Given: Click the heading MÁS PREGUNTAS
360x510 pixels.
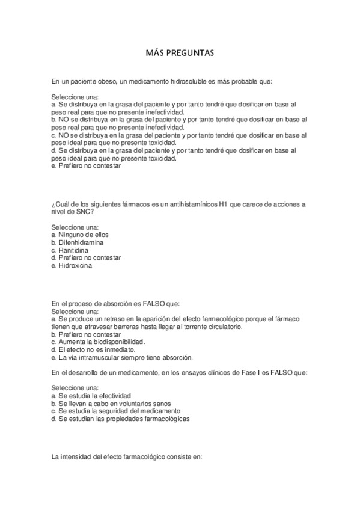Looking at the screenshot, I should [180, 53].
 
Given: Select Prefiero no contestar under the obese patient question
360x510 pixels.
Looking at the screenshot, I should [90, 166].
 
